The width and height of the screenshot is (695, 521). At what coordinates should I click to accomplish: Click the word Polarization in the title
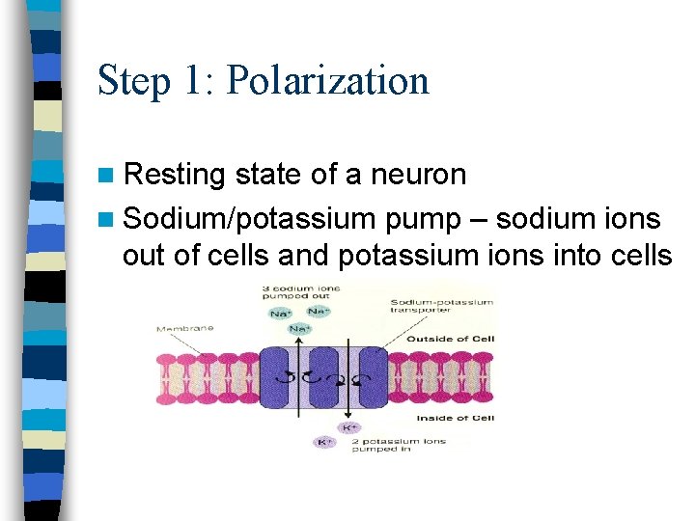327,81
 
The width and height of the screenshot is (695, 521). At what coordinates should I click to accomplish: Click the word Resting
174,175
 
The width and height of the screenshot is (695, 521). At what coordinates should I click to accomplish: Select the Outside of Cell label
451,339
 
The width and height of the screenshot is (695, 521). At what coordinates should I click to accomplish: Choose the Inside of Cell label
455,418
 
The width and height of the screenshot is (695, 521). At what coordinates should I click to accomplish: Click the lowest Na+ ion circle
300,330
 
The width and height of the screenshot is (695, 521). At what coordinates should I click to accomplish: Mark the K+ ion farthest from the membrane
325,442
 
